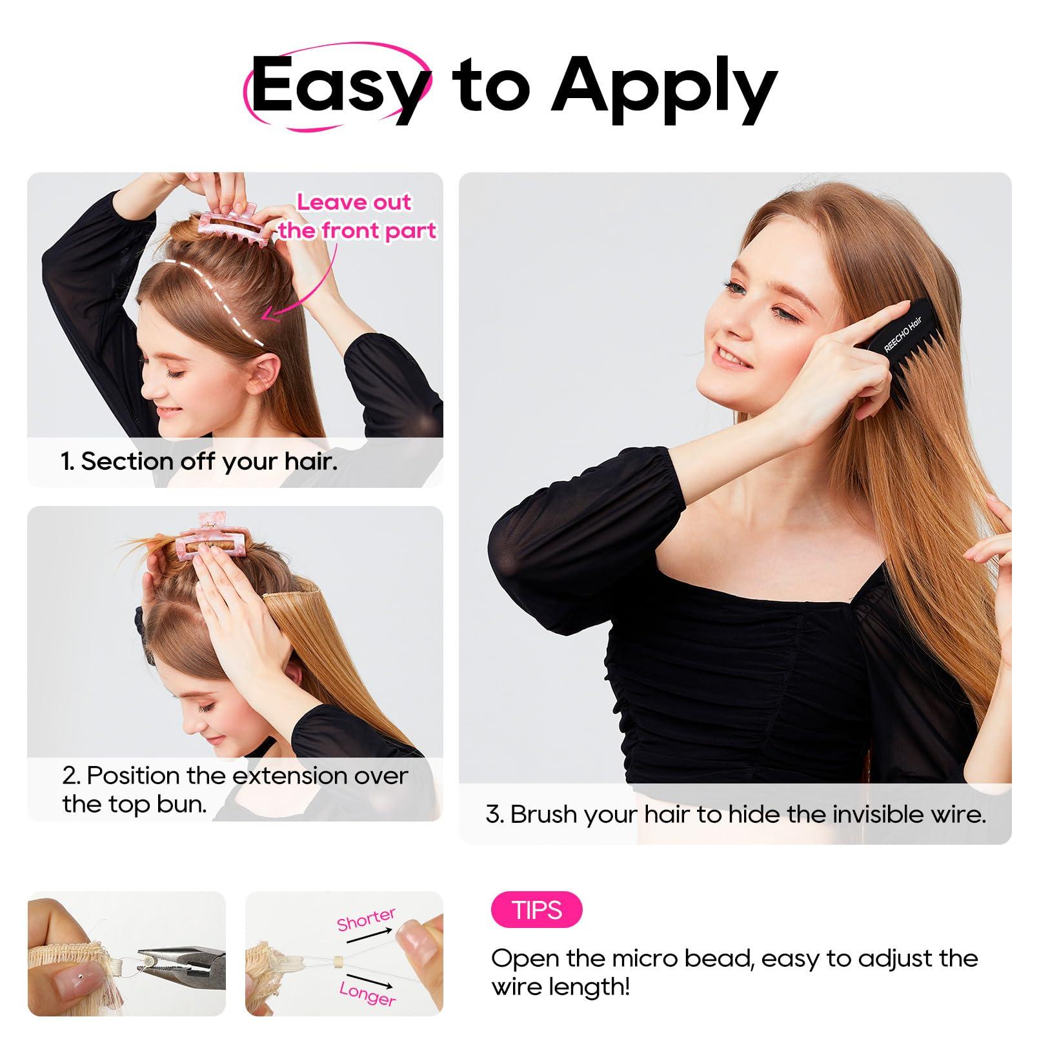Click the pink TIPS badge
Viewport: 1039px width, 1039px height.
(536, 911)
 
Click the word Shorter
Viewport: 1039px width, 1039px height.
(366, 920)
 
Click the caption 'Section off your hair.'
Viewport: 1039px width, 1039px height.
(199, 461)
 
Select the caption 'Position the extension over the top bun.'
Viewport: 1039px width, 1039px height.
(235, 789)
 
